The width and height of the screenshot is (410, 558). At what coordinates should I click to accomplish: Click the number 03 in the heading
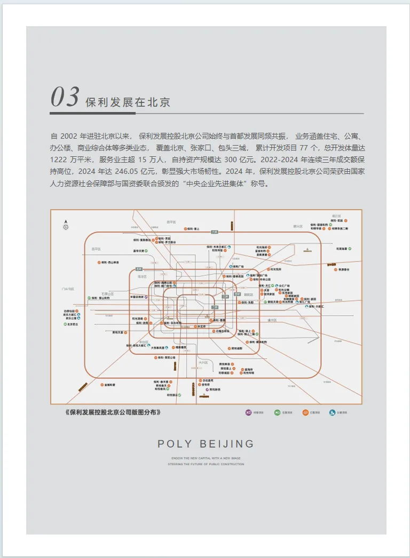pyautogui.click(x=65, y=97)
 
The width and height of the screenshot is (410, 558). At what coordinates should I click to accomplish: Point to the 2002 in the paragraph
pyautogui.click(x=68, y=135)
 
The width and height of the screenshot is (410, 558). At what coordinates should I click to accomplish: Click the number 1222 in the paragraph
pyautogui.click(x=59, y=160)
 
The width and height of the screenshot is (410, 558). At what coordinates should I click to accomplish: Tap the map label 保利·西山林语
pyautogui.click(x=109, y=262)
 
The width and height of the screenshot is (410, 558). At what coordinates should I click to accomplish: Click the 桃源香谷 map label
pyautogui.click(x=344, y=269)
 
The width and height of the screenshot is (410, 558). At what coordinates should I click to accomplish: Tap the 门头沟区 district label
pyautogui.click(x=67, y=289)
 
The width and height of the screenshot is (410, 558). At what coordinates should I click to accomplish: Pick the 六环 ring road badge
pyautogui.click(x=214, y=232)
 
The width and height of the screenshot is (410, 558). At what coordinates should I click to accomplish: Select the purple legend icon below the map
pyautogui.click(x=248, y=412)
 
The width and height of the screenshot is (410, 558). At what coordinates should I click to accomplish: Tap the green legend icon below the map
pyautogui.click(x=277, y=412)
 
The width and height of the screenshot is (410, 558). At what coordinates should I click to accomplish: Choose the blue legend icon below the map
pyautogui.click(x=333, y=412)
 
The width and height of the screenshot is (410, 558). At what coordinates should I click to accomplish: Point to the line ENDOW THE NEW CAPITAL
pyautogui.click(x=206, y=458)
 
